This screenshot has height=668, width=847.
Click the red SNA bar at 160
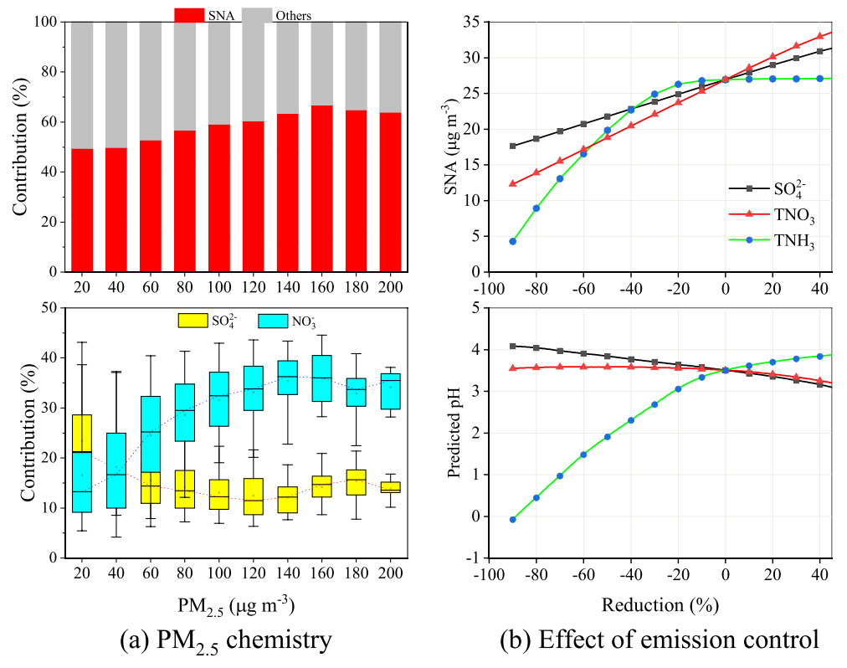(x=322, y=188)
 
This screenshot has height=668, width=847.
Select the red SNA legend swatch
(x=189, y=14)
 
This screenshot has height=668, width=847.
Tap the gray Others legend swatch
(x=257, y=14)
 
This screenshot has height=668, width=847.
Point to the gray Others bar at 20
(x=82, y=85)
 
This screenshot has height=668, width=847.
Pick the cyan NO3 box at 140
(x=287, y=378)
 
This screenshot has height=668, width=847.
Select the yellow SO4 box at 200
(x=391, y=487)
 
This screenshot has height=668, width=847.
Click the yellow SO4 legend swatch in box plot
(x=192, y=321)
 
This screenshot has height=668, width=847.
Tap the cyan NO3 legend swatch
(x=273, y=321)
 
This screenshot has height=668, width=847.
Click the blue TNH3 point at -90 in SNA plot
(x=512, y=242)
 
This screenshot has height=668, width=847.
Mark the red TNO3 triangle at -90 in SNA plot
(x=512, y=184)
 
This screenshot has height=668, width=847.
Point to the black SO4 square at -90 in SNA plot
(x=512, y=146)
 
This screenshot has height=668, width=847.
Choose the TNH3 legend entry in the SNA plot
(x=772, y=240)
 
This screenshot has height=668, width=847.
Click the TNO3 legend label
(x=794, y=215)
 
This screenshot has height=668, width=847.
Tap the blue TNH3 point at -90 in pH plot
(x=512, y=519)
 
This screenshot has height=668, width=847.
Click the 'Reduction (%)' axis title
(x=660, y=604)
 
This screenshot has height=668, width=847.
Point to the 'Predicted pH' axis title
(x=454, y=433)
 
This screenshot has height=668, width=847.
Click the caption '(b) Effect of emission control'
(x=660, y=640)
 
